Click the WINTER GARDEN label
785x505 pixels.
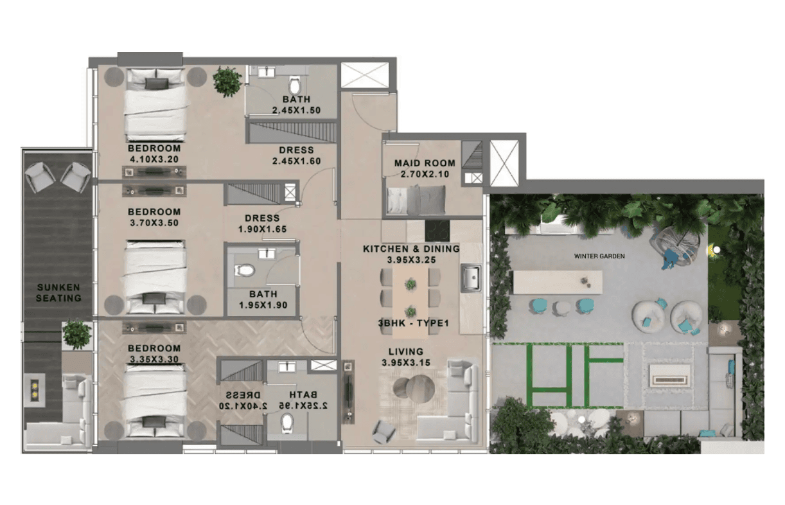click(x=599, y=256)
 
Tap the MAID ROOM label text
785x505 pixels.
click(x=425, y=163)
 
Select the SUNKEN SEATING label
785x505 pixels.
click(x=58, y=292)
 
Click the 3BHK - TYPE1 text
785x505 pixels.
click(x=413, y=323)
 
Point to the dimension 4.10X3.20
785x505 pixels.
click(x=154, y=159)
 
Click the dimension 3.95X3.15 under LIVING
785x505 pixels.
click(x=406, y=362)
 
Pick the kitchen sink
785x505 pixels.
click(x=471, y=279)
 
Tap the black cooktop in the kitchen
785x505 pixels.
click(x=437, y=231)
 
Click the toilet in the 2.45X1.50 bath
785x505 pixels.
click(x=295, y=86)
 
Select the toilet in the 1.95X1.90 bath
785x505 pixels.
click(x=245, y=270)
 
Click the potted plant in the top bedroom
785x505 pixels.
click(x=227, y=82)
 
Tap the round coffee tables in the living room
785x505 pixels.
click(x=414, y=387)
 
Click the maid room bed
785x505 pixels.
click(x=416, y=200)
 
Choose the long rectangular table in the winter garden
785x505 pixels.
click(x=558, y=282)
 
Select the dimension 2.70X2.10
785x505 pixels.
click(x=425, y=174)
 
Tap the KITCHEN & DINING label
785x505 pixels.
click(x=411, y=249)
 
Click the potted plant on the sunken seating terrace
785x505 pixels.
click(x=76, y=334)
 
